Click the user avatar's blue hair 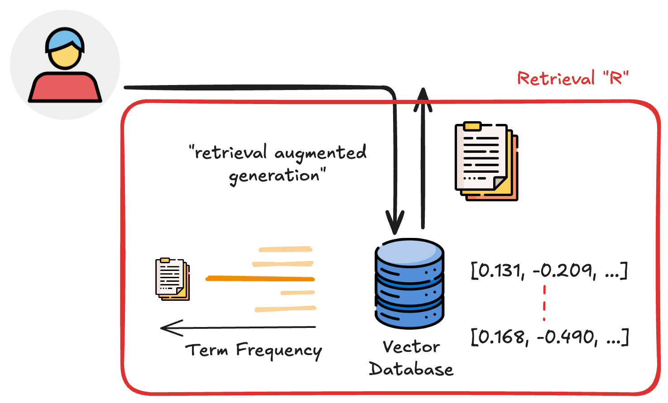pyautogui.click(x=64, y=39)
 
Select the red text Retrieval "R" pyautogui.click(x=573, y=79)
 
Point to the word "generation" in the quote pyautogui.click(x=274, y=175)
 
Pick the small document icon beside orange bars pyautogui.click(x=172, y=279)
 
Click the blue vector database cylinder pyautogui.click(x=409, y=284)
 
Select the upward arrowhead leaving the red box pyautogui.click(x=423, y=98)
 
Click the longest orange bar pyautogui.click(x=260, y=279)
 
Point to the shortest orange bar pyautogui.click(x=297, y=293)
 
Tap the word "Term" pyautogui.click(x=207, y=350)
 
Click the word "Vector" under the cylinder pyautogui.click(x=411, y=347)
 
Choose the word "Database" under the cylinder pyautogui.click(x=411, y=369)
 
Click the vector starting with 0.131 pyautogui.click(x=549, y=271)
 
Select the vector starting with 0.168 pyautogui.click(x=549, y=337)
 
